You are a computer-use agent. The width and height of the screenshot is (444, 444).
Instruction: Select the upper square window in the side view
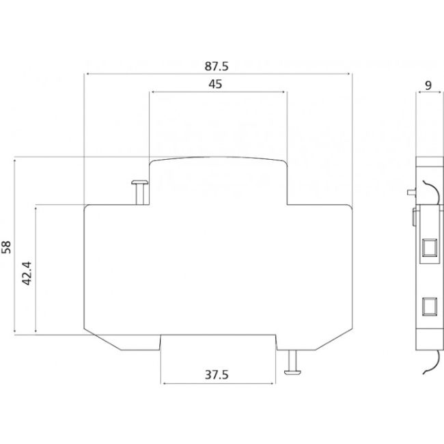point(429,247)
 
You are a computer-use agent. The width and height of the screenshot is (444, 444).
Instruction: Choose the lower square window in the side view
point(429,305)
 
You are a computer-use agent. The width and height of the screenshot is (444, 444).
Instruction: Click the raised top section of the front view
point(219,179)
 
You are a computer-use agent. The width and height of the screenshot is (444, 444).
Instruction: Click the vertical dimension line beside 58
point(16,247)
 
